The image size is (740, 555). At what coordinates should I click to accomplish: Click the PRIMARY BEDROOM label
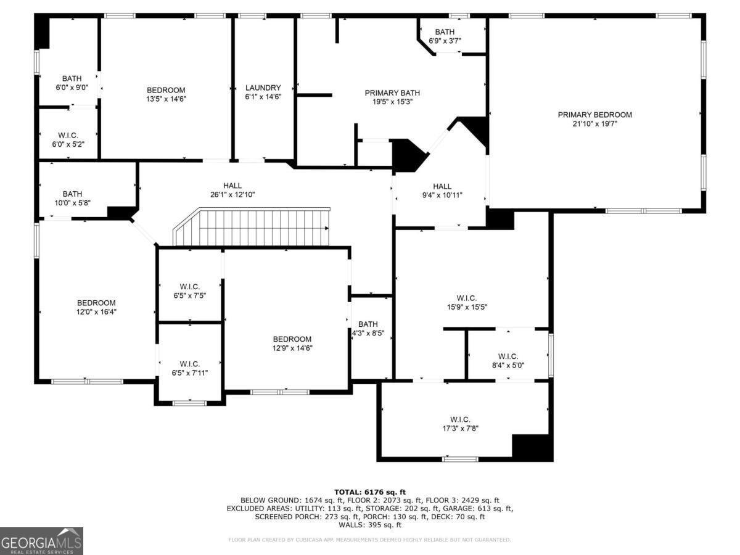click(x=594, y=115)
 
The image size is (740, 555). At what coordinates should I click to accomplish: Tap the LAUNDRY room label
click(x=263, y=88)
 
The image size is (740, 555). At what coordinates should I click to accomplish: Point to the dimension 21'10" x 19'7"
click(x=594, y=124)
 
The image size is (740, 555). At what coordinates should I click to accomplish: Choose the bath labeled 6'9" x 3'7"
click(x=445, y=36)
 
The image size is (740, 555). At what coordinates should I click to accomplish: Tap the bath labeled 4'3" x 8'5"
click(x=368, y=329)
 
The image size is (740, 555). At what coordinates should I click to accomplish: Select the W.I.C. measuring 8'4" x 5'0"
click(x=508, y=361)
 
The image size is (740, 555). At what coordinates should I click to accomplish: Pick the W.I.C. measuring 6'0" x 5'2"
click(x=68, y=139)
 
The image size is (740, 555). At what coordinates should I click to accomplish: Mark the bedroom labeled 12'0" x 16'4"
click(x=96, y=307)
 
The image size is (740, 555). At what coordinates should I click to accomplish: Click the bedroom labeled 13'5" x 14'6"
click(x=165, y=94)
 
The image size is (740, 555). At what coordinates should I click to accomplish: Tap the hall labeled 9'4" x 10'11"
click(x=442, y=191)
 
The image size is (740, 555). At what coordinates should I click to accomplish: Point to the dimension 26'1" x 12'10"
click(x=232, y=195)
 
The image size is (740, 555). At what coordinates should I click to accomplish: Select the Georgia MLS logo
click(x=41, y=541)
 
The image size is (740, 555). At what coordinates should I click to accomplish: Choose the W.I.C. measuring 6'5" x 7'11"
click(x=189, y=368)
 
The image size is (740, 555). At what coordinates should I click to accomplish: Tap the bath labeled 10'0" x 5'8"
click(x=72, y=198)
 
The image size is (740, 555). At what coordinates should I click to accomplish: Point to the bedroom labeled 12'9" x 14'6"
click(x=292, y=343)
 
